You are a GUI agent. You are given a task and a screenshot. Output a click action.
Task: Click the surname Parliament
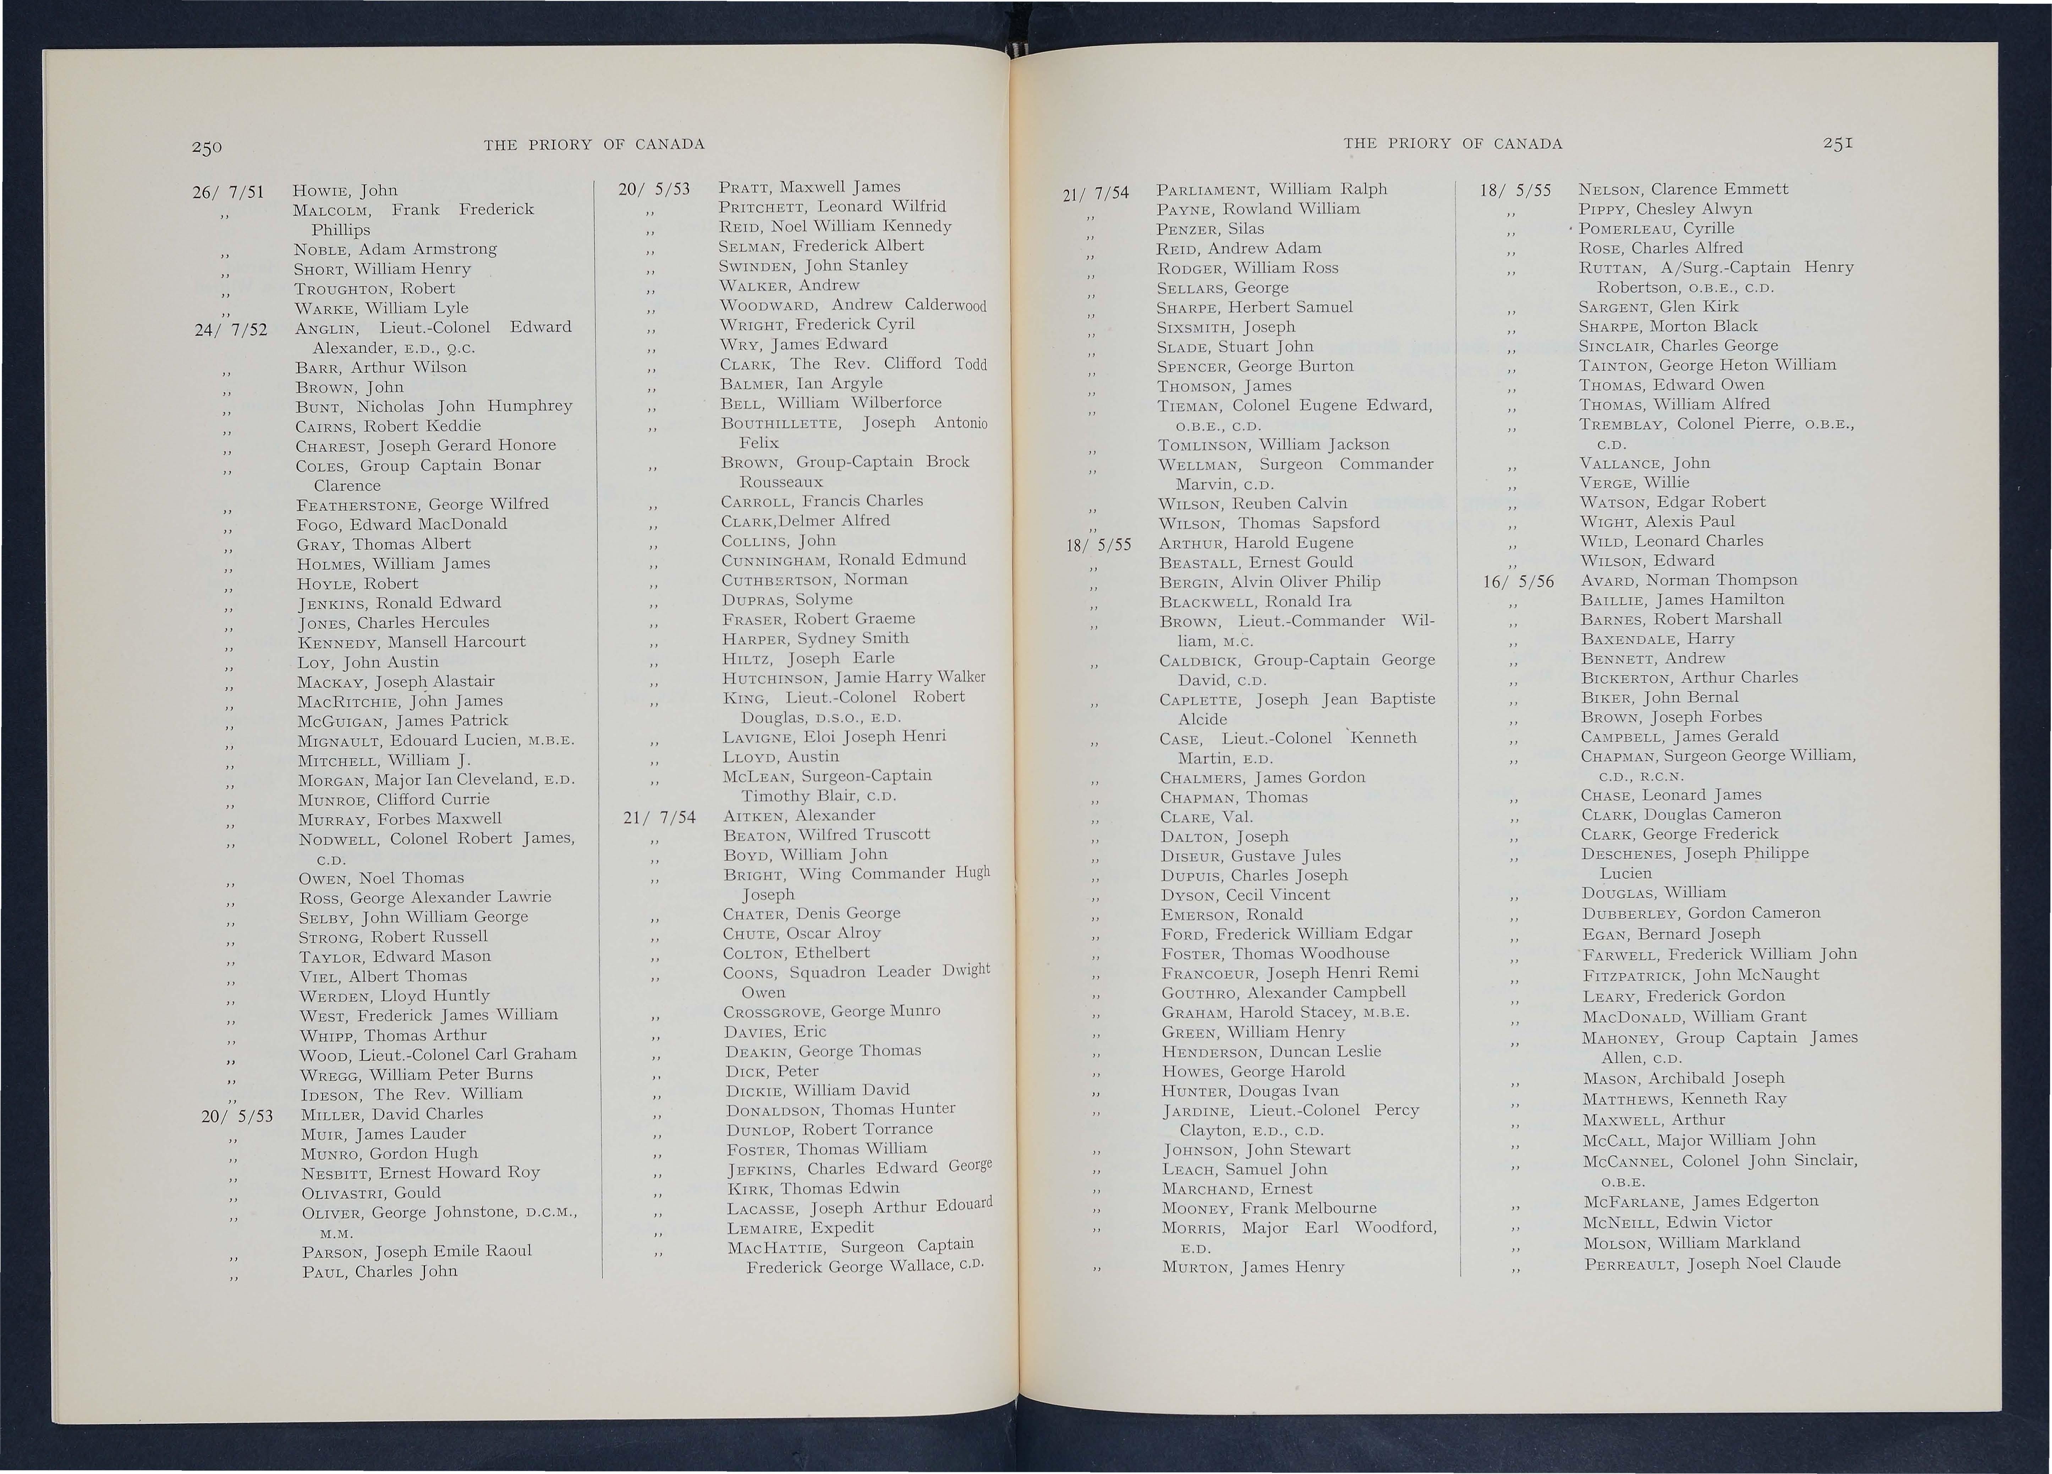[1209, 190]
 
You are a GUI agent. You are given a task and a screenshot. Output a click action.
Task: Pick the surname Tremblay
[1622, 424]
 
